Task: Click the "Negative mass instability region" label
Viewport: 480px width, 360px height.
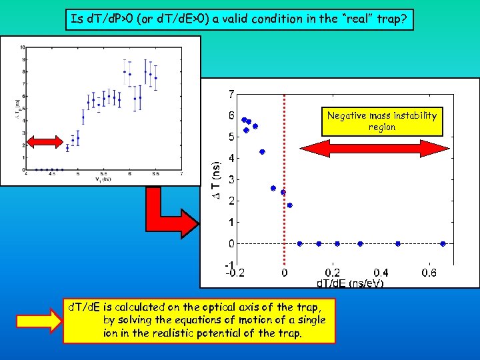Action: (x=381, y=121)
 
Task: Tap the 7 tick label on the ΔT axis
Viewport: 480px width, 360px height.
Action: (x=231, y=93)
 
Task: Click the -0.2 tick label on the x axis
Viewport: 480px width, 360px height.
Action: (x=234, y=273)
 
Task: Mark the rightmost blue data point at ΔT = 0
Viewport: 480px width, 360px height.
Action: (x=443, y=244)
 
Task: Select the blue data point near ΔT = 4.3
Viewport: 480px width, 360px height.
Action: (x=263, y=152)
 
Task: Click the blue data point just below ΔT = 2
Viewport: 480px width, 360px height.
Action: (x=289, y=205)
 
